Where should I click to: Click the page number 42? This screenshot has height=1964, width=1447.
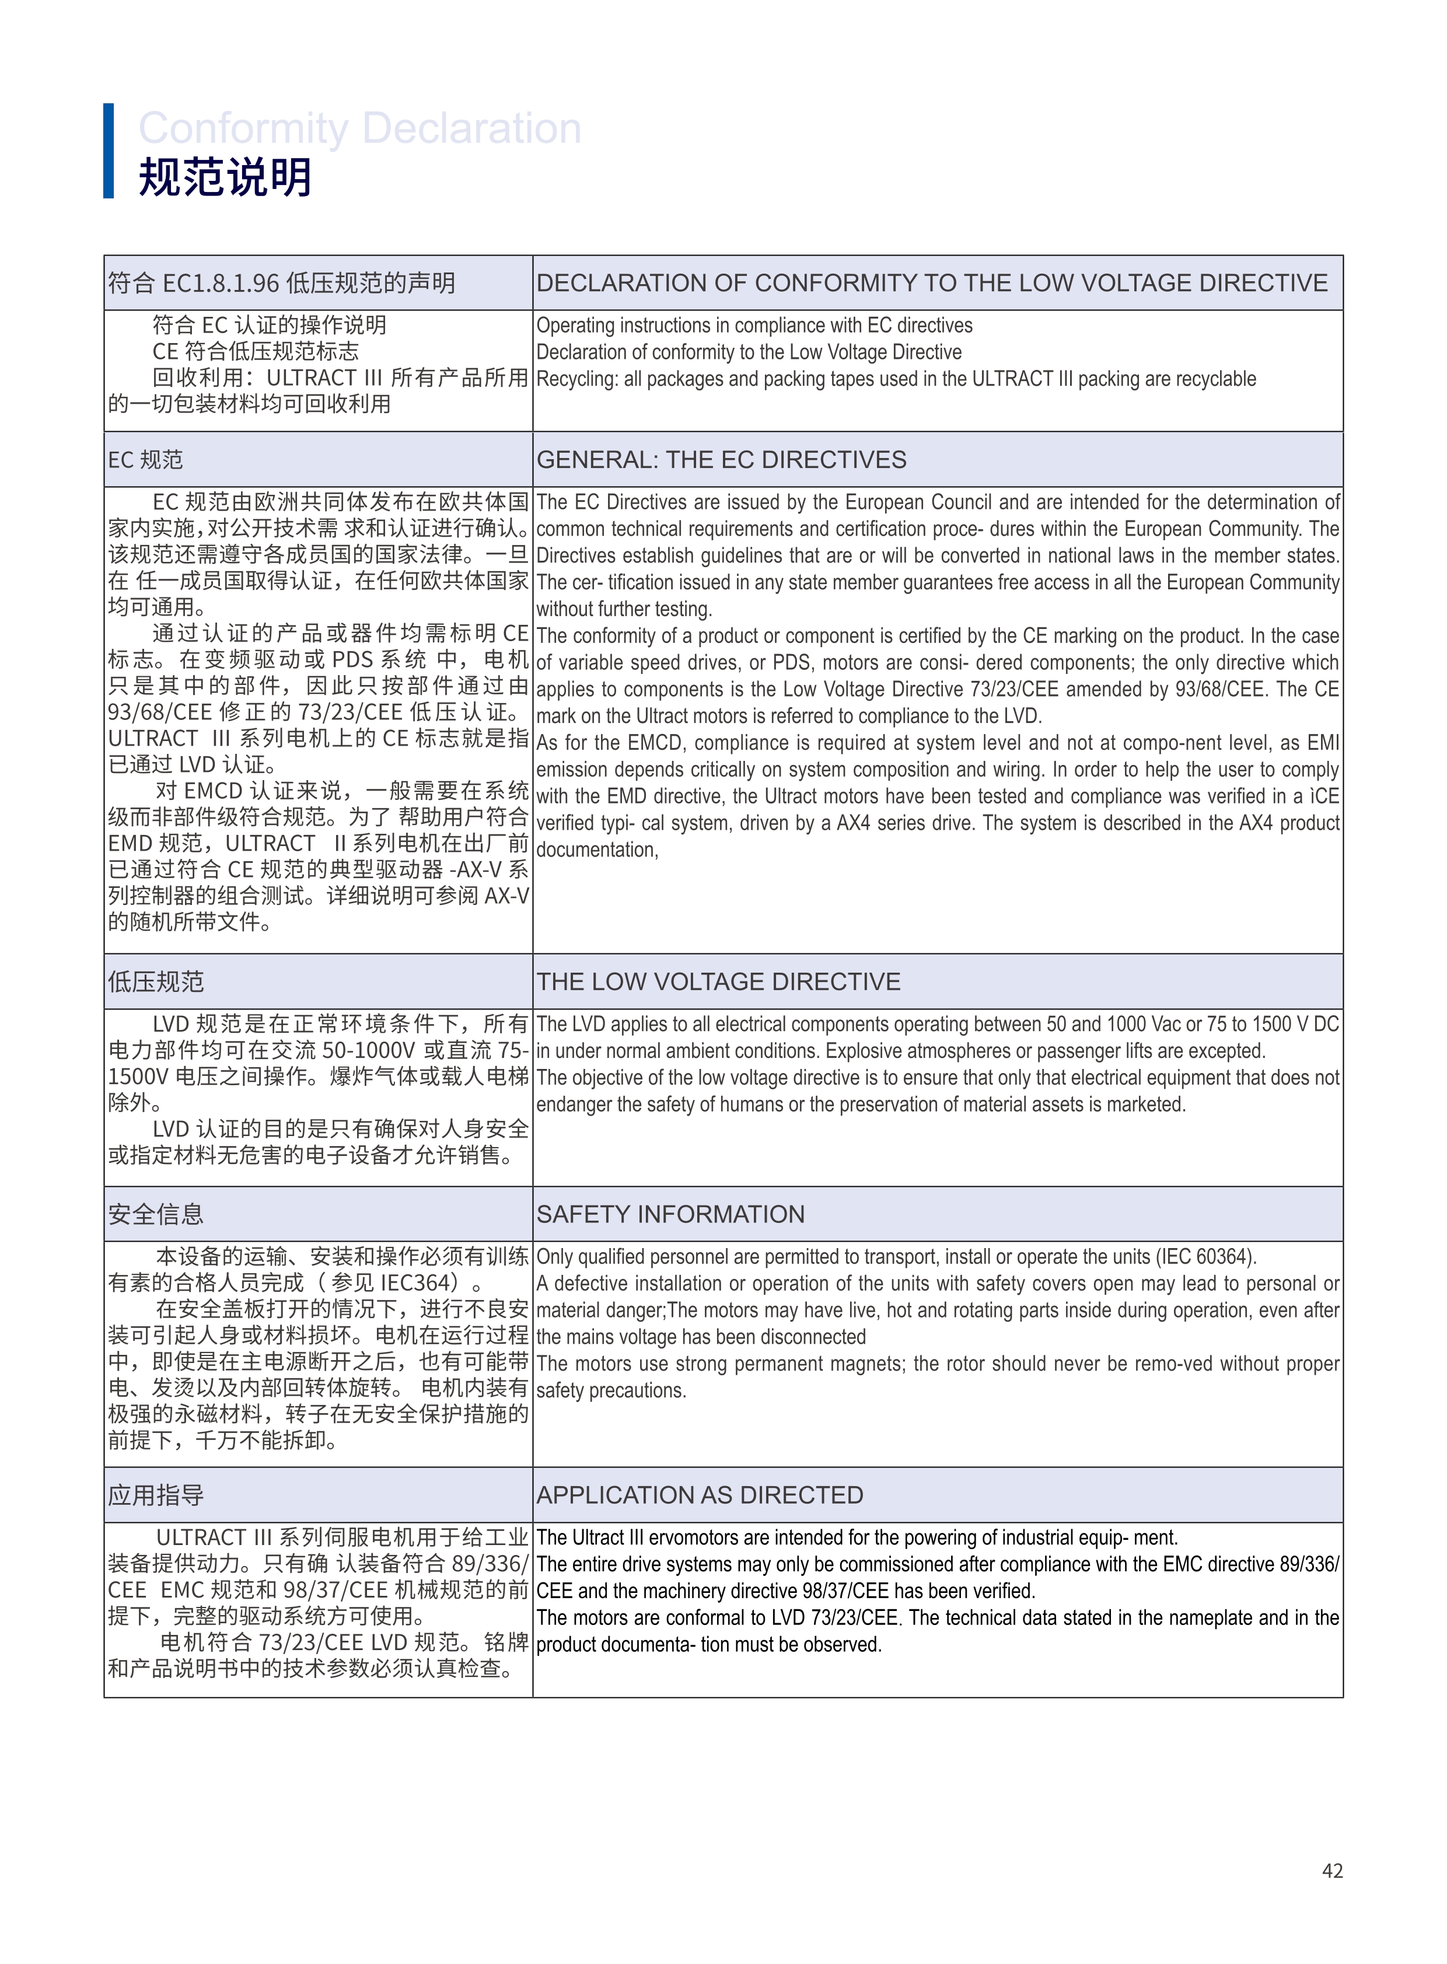click(x=1331, y=1870)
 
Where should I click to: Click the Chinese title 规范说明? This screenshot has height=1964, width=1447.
click(x=225, y=177)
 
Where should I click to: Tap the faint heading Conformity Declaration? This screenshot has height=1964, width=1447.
click(x=359, y=129)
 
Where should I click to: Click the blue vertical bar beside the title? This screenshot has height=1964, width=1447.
click(x=109, y=151)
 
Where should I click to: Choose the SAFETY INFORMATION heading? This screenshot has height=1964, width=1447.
click(x=670, y=1214)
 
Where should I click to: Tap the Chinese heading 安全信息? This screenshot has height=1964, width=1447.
click(x=156, y=1214)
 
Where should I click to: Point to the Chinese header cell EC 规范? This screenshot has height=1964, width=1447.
click(x=145, y=460)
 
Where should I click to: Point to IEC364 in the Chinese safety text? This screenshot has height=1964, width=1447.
click(x=420, y=1283)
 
